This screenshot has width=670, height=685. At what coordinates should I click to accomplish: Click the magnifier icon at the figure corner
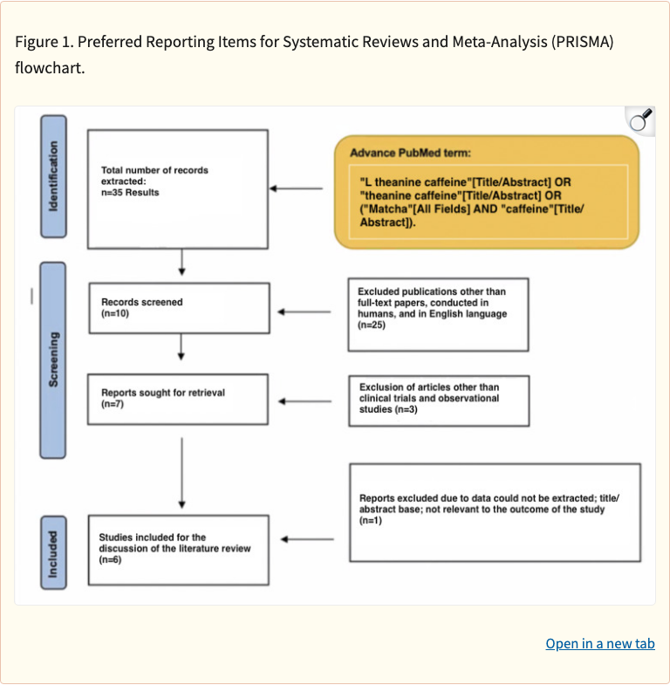pos(641,120)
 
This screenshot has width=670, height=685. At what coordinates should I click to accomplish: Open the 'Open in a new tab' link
pos(599,644)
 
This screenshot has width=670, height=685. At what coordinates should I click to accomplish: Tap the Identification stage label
pos(53,176)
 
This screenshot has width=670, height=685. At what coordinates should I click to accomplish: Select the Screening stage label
pos(53,359)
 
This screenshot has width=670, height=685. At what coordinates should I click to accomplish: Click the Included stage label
pos(53,554)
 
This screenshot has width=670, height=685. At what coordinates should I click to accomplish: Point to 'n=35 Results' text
pos(130,192)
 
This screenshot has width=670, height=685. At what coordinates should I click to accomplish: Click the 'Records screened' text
pos(142,302)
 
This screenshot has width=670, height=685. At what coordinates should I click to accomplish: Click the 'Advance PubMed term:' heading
pos(410,153)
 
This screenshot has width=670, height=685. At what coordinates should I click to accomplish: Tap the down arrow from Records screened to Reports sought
pos(181,346)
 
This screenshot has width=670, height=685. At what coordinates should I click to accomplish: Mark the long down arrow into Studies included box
pos(181,472)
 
